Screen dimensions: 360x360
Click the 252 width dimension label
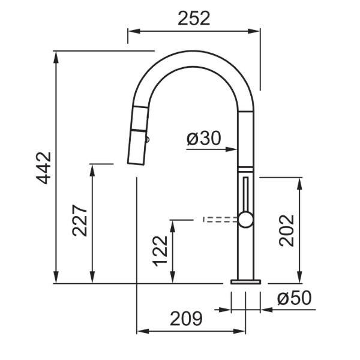tap(194, 19)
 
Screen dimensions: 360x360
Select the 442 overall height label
tap(44, 168)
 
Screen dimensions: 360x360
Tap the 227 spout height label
tap(80, 220)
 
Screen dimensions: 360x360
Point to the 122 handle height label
tap(160, 251)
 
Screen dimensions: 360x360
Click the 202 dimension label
tap(287, 230)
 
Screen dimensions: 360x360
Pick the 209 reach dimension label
tap(186, 319)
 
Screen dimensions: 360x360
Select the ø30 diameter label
tap(203, 138)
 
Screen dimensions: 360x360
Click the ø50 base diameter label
tap(294, 298)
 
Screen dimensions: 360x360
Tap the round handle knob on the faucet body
tap(245, 220)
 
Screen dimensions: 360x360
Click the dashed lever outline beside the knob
tap(220, 220)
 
